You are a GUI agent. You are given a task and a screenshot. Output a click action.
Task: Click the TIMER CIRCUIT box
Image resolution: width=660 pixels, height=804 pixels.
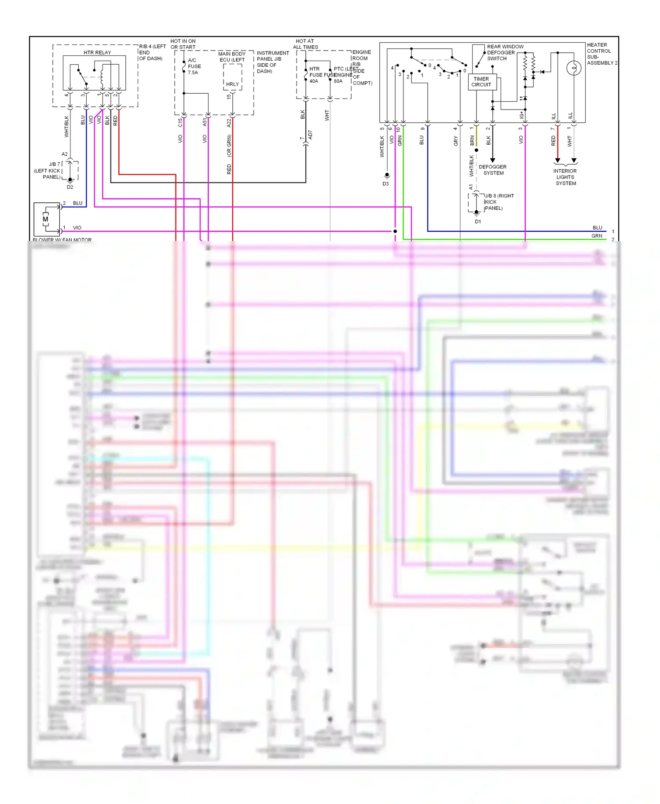482,82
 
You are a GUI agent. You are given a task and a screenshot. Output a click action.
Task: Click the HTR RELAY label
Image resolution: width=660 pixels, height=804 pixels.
97,52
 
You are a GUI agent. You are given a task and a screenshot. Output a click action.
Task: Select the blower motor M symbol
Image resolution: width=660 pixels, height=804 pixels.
45,219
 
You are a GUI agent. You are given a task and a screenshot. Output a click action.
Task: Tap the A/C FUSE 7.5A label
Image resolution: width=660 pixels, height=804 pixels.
194,66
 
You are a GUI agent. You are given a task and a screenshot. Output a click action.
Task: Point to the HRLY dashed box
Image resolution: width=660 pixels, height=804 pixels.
232,78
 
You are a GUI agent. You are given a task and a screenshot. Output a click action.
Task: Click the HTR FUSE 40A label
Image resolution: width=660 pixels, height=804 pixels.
315,75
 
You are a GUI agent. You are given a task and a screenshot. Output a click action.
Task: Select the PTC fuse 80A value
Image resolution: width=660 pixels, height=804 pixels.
338,81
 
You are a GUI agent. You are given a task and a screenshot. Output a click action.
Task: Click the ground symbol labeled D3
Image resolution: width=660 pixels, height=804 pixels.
387,175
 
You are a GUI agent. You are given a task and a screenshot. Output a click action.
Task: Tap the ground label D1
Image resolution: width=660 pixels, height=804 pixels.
478,222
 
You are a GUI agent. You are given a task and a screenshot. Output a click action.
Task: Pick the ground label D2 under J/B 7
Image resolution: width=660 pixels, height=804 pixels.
70,187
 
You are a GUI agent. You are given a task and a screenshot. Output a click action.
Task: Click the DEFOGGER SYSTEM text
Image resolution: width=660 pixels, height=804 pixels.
493,170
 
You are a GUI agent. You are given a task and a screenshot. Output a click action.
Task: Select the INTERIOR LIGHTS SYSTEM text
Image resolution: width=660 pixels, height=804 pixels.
565,177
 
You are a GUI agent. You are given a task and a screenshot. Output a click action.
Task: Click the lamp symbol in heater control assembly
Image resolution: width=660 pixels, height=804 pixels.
573,68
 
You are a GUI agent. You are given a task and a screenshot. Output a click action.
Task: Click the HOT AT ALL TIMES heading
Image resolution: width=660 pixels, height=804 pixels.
305,44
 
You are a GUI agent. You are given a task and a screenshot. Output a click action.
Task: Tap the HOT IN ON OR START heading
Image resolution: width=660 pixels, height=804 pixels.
183,44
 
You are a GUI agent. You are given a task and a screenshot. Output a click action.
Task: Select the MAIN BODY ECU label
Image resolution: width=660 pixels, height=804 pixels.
232,57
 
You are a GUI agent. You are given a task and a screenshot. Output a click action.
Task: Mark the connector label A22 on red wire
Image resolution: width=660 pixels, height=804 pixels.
229,123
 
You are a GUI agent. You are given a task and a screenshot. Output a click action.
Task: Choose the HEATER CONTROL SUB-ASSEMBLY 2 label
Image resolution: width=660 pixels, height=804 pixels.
601,54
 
